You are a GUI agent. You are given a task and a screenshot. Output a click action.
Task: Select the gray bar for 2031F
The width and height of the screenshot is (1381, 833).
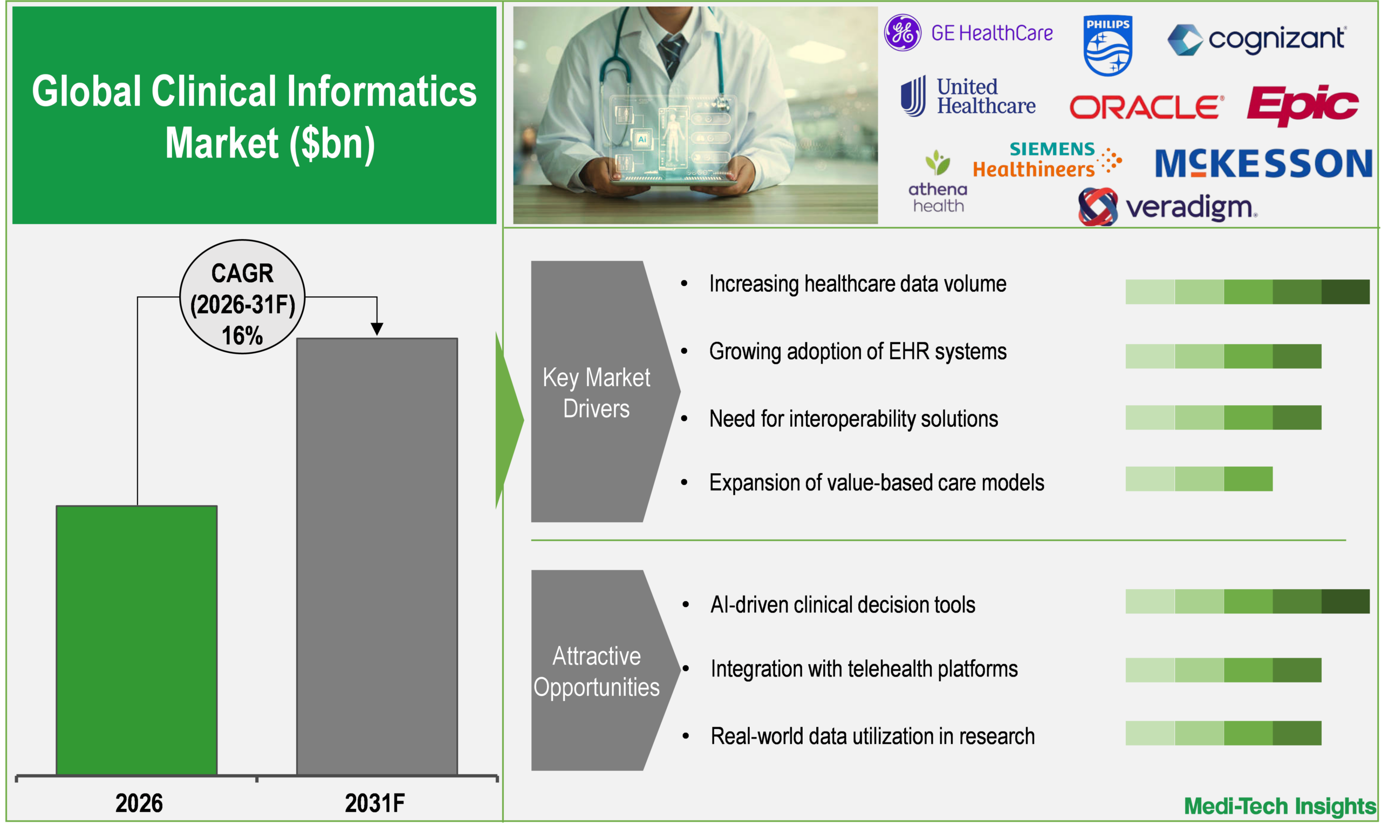point(377,556)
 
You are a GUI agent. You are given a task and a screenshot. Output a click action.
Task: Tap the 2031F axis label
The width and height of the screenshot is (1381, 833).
point(374,803)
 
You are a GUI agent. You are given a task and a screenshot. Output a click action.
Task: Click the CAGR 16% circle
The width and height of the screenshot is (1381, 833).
point(242,297)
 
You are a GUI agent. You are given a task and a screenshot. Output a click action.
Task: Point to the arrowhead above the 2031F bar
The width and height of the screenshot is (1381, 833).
point(377,329)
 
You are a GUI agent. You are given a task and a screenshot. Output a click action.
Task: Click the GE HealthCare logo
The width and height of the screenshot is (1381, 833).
point(968,33)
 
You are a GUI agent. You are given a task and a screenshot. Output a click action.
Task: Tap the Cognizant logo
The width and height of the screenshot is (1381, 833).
point(1255,39)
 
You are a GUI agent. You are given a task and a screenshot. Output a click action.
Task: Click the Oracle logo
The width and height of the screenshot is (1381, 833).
point(1146,106)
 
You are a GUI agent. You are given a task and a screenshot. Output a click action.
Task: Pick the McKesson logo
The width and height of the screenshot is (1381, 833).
point(1263,163)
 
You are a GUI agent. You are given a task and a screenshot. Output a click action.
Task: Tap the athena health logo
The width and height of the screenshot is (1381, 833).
point(938,182)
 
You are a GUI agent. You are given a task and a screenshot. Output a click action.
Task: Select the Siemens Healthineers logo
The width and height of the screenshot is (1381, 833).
point(1046,160)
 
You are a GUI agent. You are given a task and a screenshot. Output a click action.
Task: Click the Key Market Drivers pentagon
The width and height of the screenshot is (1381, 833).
point(596,392)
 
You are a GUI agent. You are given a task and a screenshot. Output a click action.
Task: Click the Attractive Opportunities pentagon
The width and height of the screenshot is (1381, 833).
point(596,671)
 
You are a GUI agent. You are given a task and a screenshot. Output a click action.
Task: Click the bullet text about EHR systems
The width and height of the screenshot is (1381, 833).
point(858,351)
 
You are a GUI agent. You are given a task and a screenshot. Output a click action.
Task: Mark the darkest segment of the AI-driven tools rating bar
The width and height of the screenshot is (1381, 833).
point(1345,602)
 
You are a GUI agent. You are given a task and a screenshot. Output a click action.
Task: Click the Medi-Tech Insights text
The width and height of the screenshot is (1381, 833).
point(1280,806)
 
